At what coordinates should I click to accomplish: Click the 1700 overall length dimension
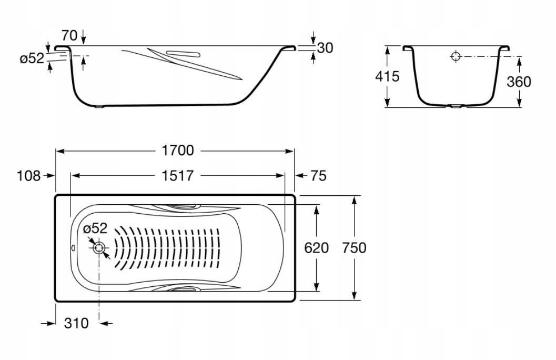point(178,151)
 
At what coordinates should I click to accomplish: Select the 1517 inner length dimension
point(178,175)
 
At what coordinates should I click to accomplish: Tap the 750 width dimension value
point(354,247)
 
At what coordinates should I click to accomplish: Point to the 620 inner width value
point(316,247)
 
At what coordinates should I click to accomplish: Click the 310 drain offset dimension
point(76,323)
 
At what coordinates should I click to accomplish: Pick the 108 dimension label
point(29,176)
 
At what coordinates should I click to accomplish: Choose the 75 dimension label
point(318,176)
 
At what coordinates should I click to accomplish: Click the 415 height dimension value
point(388,76)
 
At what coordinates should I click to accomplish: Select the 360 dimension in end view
point(519,82)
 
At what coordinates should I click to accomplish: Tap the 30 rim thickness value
point(325,48)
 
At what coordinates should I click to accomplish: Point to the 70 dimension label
point(69,35)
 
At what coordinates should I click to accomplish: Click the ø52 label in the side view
point(32,58)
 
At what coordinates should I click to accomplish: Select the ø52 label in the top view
point(95,228)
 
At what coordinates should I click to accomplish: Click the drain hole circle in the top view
point(99,247)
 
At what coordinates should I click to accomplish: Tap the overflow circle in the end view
point(456,56)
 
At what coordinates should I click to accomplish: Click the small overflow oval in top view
point(73,248)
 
